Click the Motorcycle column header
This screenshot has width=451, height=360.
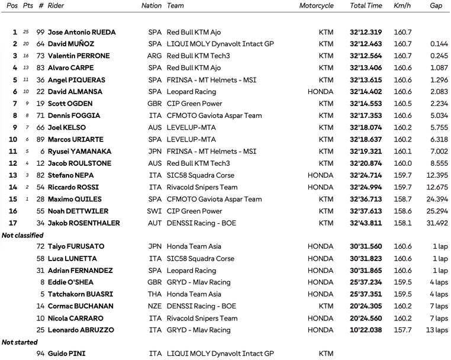[316, 6]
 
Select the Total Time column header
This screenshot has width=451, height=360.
[366, 6]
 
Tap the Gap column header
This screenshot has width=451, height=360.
[436, 6]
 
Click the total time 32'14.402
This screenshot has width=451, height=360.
[366, 92]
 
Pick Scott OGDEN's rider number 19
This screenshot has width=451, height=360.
[40, 104]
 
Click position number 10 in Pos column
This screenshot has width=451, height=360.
[13, 139]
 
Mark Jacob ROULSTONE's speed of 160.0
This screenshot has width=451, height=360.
[402, 163]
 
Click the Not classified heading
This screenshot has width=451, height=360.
[23, 235]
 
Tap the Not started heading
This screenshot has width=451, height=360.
[20, 342]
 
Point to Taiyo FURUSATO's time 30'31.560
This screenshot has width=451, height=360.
[366, 246]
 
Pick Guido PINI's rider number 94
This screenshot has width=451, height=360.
[40, 353]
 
